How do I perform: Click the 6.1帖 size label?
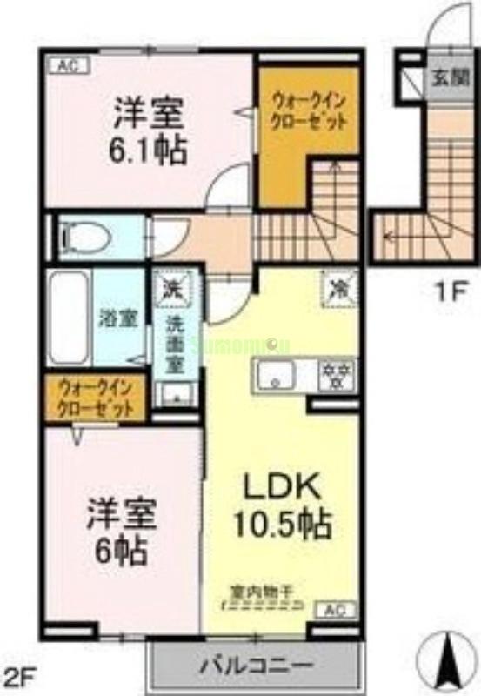point(147,151)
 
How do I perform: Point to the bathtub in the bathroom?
point(68,318)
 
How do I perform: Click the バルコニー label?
point(257,667)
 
